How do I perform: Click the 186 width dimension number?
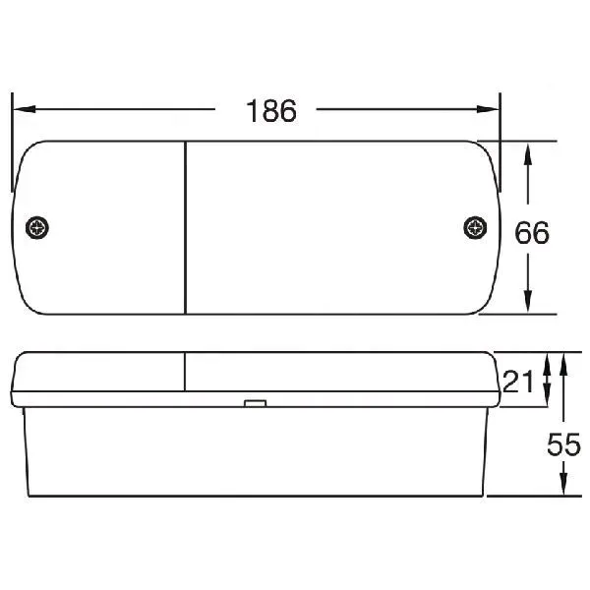[x=271, y=110]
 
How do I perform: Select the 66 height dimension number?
[x=532, y=232]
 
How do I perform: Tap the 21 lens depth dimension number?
[x=518, y=382]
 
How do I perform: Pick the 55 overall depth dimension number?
[x=563, y=444]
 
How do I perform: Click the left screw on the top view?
[x=37, y=228]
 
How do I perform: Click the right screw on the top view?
[x=475, y=228]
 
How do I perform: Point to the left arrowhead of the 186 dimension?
[x=25, y=109]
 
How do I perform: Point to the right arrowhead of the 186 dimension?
[x=488, y=109]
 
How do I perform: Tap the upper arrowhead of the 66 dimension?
[x=528, y=154]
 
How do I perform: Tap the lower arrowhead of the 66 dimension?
[x=528, y=302]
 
